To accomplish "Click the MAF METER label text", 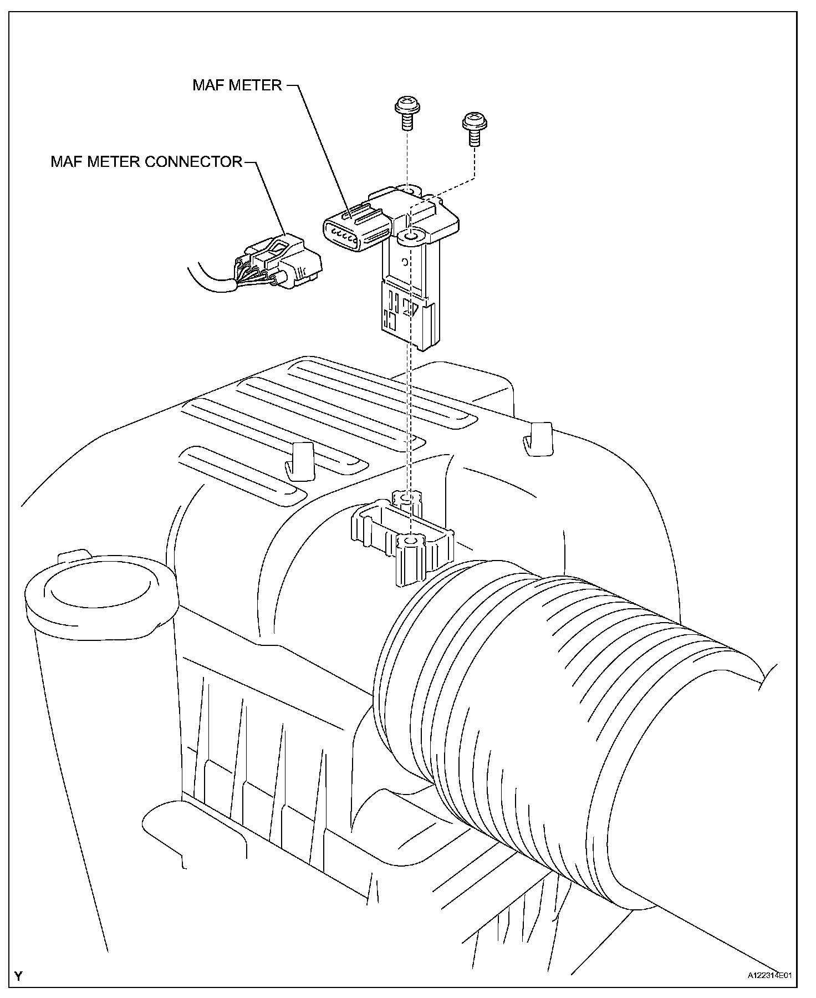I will pyautogui.click(x=237, y=85).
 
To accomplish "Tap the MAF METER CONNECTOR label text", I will pyautogui.click(x=146, y=161).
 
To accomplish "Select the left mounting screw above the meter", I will pyautogui.click(x=407, y=109).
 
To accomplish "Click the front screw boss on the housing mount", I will pyautogui.click(x=411, y=541).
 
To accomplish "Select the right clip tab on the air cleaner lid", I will pyautogui.click(x=538, y=438).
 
